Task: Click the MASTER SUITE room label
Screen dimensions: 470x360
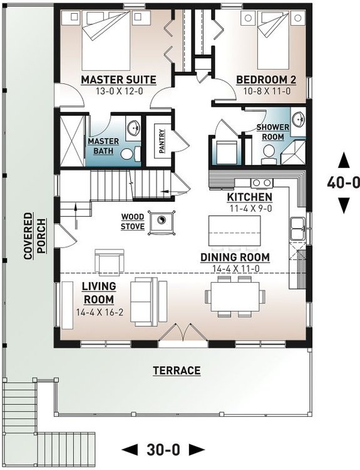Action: (118, 80)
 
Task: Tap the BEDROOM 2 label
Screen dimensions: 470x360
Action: (266, 80)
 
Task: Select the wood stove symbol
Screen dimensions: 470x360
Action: (161, 222)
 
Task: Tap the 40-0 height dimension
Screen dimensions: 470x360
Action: (344, 183)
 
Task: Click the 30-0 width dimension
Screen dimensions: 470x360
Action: (163, 449)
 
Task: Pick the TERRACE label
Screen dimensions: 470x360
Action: (177, 371)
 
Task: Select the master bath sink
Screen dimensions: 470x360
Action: (133, 129)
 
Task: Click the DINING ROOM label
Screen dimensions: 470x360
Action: (235, 257)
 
